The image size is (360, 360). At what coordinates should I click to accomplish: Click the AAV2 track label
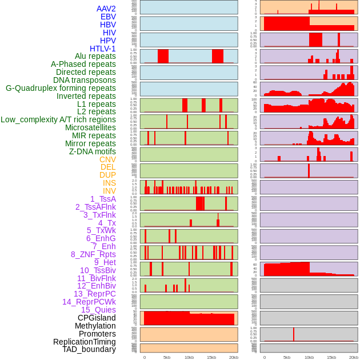tap(106, 9)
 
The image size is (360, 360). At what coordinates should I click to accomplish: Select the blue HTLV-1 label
tap(103, 49)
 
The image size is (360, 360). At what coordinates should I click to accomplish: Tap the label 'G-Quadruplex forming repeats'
tap(61, 88)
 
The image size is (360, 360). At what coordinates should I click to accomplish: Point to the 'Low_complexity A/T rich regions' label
tap(58, 119)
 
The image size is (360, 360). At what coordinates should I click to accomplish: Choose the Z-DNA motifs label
tap(93, 151)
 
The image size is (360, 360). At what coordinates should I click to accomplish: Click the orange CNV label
tap(107, 159)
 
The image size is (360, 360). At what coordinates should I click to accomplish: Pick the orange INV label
tap(109, 191)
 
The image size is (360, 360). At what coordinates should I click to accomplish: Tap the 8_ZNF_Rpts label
tap(93, 254)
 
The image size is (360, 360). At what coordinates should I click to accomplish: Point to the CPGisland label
tap(97, 318)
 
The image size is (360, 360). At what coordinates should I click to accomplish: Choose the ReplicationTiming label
tap(84, 342)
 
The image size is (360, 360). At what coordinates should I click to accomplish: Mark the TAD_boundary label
tap(89, 349)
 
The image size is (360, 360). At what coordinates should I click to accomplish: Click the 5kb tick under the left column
tap(167, 357)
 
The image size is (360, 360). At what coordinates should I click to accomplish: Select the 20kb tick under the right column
tap(354, 357)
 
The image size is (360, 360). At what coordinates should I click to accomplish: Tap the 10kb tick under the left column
tap(189, 357)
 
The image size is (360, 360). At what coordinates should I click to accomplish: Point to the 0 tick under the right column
tap(264, 357)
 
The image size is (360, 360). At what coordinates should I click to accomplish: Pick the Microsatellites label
tap(90, 127)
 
